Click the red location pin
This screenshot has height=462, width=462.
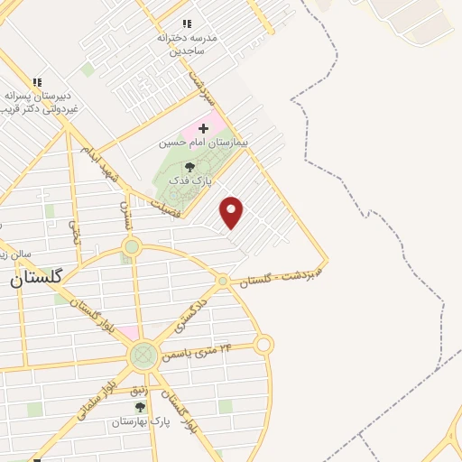[232, 211]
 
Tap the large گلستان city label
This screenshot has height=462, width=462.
[36, 278]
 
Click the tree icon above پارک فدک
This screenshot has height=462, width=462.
[189, 167]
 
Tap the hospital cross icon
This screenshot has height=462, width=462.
[203, 129]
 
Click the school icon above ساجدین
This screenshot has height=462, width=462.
[187, 24]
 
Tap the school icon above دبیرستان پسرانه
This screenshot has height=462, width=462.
[37, 81]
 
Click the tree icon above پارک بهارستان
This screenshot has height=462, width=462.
[140, 408]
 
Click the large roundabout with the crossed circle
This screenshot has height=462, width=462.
[143, 356]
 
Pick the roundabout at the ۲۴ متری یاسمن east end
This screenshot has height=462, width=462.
[263, 344]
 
